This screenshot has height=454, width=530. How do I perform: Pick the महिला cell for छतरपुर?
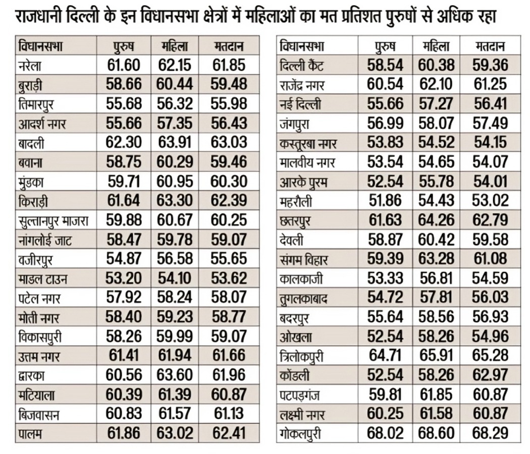[x=436, y=220]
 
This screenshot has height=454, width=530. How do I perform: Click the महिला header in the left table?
[x=175, y=46]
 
